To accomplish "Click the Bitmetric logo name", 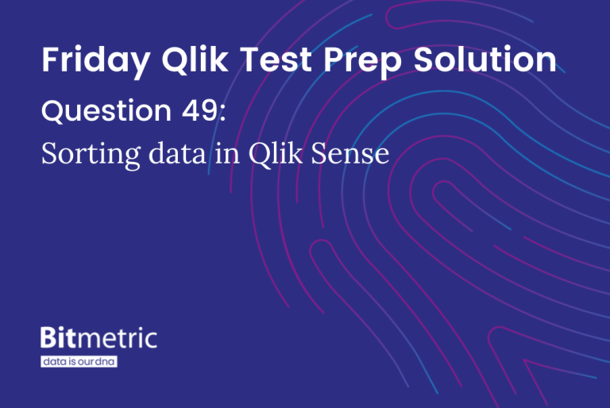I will [x=98, y=339].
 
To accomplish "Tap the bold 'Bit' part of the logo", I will [x=60, y=339].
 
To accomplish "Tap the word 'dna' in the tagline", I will [x=106, y=361].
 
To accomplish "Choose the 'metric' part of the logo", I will [x=118, y=339].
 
